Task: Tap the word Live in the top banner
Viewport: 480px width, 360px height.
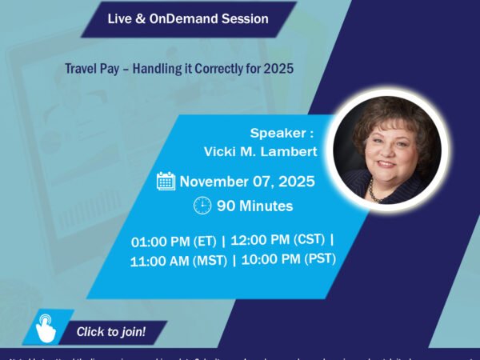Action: (119, 17)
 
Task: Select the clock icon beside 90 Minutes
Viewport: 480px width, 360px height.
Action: (202, 206)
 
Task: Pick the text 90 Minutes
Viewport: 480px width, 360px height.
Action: (254, 206)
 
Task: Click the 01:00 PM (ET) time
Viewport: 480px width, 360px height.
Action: (175, 241)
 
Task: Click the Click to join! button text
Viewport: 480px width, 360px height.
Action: (111, 331)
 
